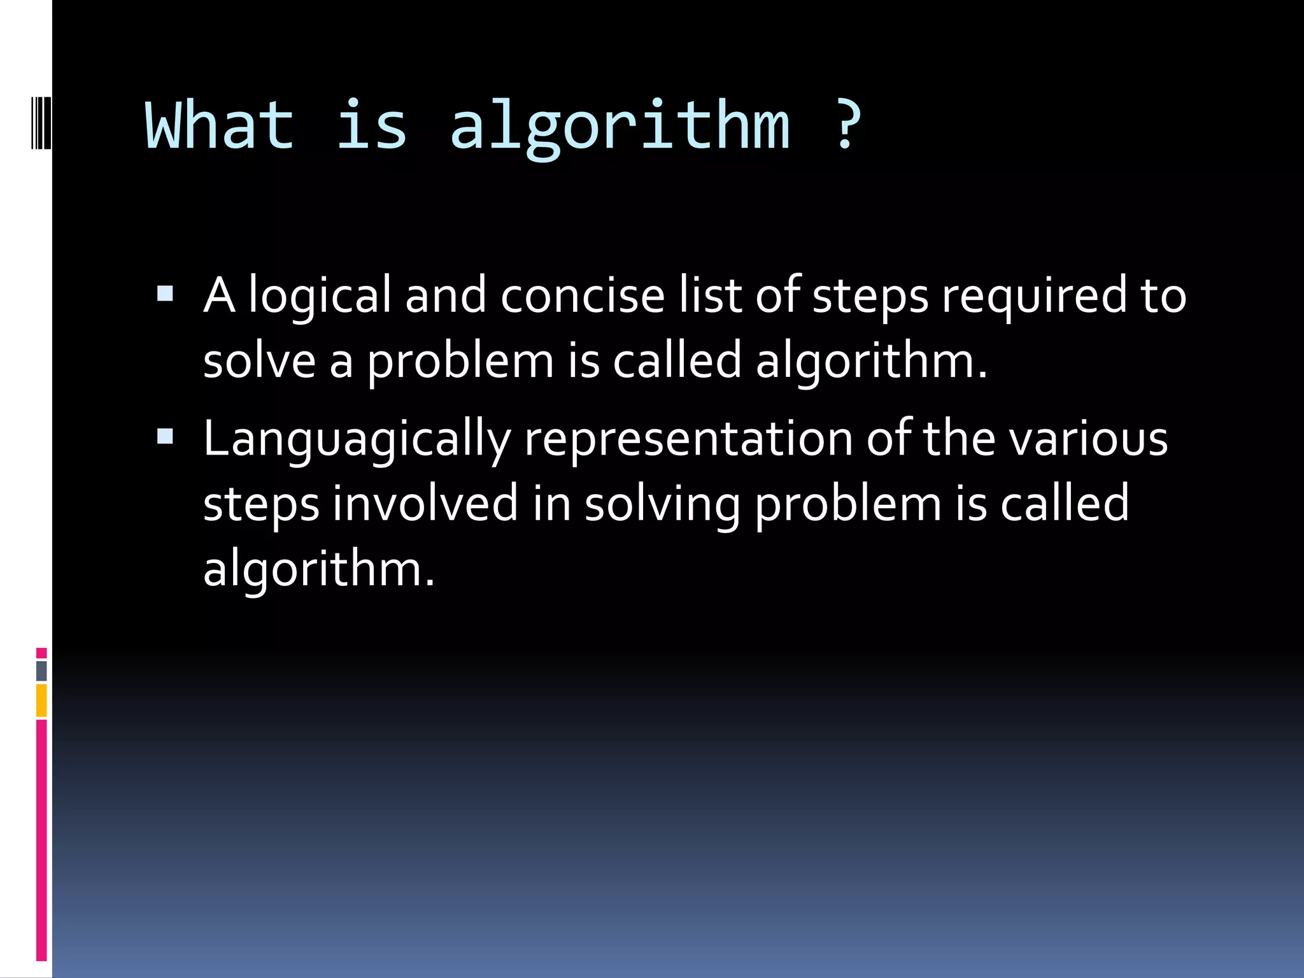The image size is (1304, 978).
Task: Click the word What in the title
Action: tap(220, 125)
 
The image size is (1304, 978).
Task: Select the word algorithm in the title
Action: tap(620, 127)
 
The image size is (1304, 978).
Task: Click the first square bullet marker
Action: tap(165, 294)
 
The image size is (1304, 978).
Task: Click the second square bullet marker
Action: tap(165, 436)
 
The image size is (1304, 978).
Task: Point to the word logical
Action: tap(319, 297)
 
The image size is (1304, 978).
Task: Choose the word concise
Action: tap(582, 295)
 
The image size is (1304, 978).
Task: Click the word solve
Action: tap(259, 361)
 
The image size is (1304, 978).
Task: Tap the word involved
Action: tap(425, 503)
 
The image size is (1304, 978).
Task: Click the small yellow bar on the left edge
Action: tap(41, 700)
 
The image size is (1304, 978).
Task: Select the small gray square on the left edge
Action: tap(41, 670)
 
